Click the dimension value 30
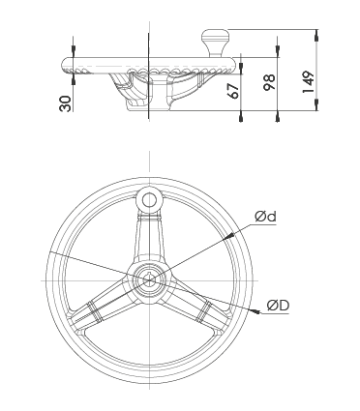point(65,103)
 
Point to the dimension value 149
point(305,76)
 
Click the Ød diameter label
point(266,217)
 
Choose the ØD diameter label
point(279,306)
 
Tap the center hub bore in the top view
point(149,281)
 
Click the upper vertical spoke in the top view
point(149,237)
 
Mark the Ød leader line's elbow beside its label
point(254,224)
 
